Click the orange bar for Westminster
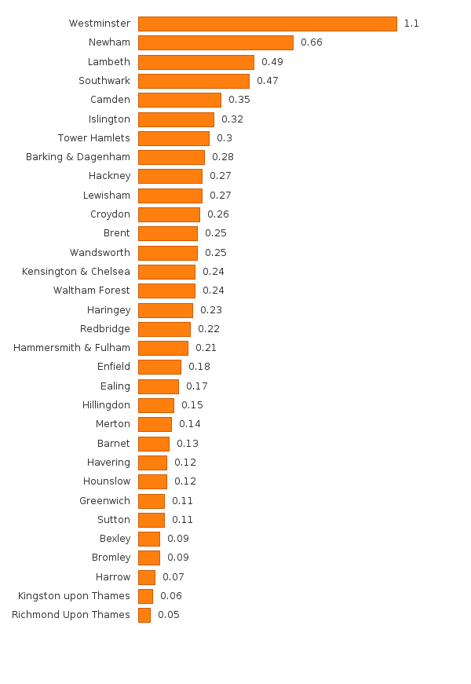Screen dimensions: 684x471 pos(267,24)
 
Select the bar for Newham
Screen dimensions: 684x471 pos(215,42)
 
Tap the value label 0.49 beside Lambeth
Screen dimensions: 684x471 pos(272,61)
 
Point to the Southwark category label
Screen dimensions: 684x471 pos(104,81)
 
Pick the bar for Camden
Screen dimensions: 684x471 pos(179,100)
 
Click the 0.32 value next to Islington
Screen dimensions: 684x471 pos(232,119)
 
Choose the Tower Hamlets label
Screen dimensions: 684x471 pos(93,138)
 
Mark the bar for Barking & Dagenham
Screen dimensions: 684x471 pos(171,157)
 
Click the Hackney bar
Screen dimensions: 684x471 pos(170,176)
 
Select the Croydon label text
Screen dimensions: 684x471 pos(110,214)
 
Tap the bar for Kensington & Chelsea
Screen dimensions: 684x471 pos(166,272)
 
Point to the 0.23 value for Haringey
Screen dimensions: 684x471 pos(210,310)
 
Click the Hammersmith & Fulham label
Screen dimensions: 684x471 pos(71,348)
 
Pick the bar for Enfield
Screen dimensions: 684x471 pos(159,367)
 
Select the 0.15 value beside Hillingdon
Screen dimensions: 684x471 pos(192,405)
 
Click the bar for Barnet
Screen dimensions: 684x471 pos(153,444)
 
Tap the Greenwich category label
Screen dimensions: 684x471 pos(104,501)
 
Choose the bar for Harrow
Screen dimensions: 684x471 pos(146,577)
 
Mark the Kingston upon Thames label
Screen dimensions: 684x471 pos(74,596)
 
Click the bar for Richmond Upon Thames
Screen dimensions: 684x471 pos(144,615)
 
